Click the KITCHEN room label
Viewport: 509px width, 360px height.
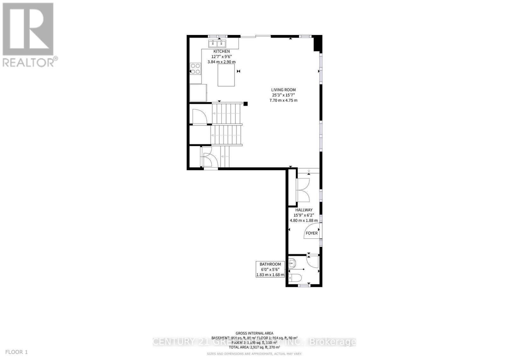(221, 51)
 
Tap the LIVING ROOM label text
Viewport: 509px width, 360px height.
(283, 90)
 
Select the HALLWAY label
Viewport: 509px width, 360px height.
(304, 210)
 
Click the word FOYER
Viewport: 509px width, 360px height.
(311, 233)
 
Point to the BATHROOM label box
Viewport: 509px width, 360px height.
(270, 269)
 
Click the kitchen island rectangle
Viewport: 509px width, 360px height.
(227, 75)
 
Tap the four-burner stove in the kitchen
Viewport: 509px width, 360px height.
(195, 69)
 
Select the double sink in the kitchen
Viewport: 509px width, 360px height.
(217, 44)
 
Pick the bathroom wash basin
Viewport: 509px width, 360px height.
(292, 263)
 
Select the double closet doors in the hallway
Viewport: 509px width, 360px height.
(303, 190)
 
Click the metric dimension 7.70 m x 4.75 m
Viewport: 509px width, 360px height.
(283, 100)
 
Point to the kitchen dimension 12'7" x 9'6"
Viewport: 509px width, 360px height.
(221, 57)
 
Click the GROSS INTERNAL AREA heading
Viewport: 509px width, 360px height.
(254, 333)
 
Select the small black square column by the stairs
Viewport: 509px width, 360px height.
(245, 103)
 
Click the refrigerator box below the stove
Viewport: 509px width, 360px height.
(198, 93)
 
